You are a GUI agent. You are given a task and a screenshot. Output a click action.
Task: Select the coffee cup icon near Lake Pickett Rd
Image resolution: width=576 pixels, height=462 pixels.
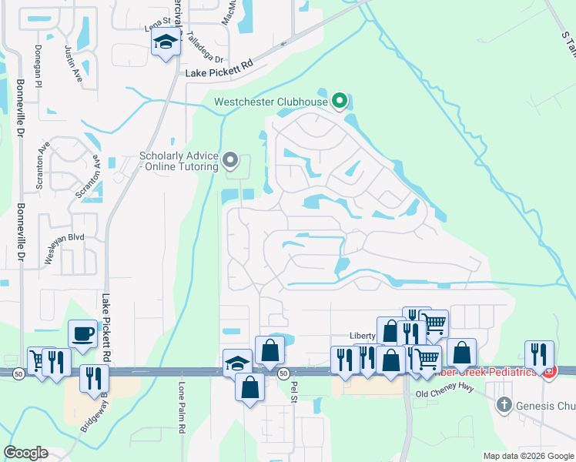pyautogui.click(x=83, y=335)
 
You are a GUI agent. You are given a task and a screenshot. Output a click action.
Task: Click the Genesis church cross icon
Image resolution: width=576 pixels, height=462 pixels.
pyautogui.click(x=504, y=403)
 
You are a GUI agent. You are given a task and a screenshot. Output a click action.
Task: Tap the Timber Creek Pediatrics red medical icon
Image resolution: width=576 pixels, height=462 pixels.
pyautogui.click(x=549, y=373)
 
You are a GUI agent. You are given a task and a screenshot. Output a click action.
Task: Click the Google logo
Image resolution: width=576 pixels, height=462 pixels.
pyautogui.click(x=25, y=453)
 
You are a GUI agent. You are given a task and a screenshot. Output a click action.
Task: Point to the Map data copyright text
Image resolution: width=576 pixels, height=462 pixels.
pyautogui.click(x=528, y=456)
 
